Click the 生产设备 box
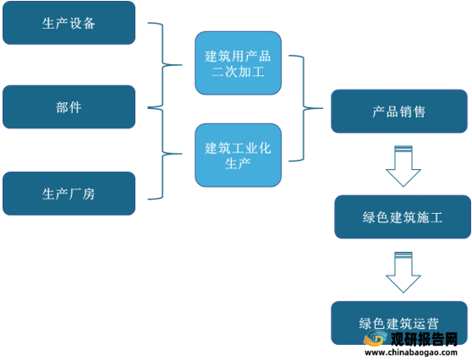(x=69, y=23)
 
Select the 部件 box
(x=69, y=106)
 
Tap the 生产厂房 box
(x=69, y=194)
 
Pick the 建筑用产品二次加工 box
(x=238, y=63)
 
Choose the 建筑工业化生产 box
(x=238, y=155)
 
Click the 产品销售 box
(x=399, y=112)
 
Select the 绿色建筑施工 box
(x=403, y=217)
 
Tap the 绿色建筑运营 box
(x=399, y=323)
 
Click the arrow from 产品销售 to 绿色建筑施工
(x=403, y=166)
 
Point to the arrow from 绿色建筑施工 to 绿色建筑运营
(x=403, y=272)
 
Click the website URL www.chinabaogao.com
(x=411, y=352)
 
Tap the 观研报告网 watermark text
(x=424, y=339)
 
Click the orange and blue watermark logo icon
(x=375, y=338)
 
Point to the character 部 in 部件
(x=62, y=107)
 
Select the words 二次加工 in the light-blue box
(x=238, y=72)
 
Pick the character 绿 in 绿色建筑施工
(x=369, y=217)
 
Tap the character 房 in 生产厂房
(x=89, y=194)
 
